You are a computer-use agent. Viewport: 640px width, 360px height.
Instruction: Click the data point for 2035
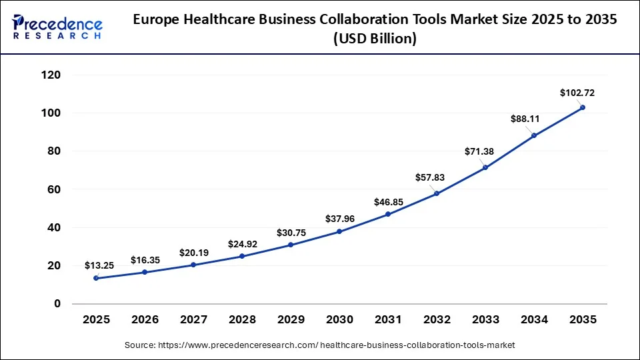583,107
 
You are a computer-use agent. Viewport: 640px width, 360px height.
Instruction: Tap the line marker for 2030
339,231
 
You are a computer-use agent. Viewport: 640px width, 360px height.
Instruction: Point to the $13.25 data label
99,265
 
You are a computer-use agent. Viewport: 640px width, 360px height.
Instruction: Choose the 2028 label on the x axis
242,320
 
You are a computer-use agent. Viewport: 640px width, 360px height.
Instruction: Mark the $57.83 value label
430,177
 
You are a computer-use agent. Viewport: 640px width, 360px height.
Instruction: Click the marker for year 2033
485,167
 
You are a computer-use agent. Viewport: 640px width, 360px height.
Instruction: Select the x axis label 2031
388,320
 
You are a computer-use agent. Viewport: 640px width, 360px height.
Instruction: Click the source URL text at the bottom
320,345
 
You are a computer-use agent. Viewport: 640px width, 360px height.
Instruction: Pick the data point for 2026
145,272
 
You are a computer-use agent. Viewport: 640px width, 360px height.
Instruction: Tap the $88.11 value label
525,119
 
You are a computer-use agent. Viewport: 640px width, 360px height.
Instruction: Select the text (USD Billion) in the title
375,39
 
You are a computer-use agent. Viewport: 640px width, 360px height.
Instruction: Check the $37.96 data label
340,218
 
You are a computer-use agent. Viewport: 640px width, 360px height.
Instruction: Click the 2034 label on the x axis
534,320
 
